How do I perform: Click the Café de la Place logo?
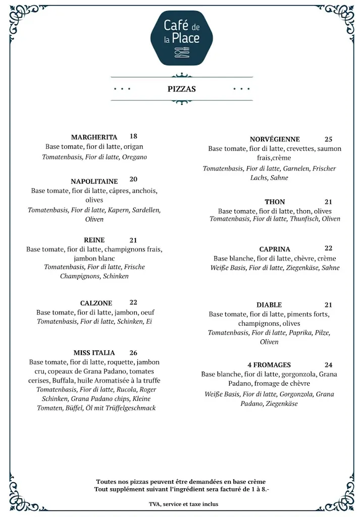pos(182,38)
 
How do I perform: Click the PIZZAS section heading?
pos(182,89)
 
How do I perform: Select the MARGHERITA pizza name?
pos(94,137)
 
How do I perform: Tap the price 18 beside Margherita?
pos(133,136)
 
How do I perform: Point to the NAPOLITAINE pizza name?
pos(94,181)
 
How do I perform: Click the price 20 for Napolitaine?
pos(133,179)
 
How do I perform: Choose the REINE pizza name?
pos(94,240)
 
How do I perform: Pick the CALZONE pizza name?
pos(96,303)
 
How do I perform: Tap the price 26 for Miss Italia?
pos(133,353)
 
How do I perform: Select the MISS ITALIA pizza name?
pos(94,353)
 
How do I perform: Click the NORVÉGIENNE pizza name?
pos(275,139)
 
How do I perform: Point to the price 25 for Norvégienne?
pos(328,139)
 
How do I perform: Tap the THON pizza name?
pos(275,202)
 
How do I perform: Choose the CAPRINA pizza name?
pos(275,249)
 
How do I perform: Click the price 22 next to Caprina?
pos(328,248)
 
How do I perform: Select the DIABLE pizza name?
pos(269,305)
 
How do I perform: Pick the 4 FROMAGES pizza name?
pos(269,365)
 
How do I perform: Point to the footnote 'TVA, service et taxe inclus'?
pos(184,504)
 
